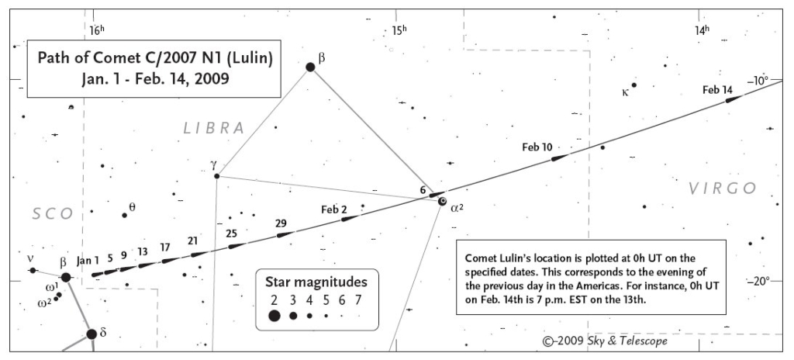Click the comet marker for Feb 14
[x=734, y=99]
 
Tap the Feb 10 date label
[x=537, y=147]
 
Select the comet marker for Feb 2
[x=350, y=219]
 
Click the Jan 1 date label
[x=88, y=261]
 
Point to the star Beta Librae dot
[x=310, y=67]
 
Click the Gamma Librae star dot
[x=217, y=176]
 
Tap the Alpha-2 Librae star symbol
[x=443, y=201]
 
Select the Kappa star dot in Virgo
[x=633, y=85]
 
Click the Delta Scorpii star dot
[x=91, y=334]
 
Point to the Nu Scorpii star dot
[x=33, y=270]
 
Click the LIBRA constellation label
[x=214, y=128]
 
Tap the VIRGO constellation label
[x=723, y=189]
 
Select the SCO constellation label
[x=54, y=214]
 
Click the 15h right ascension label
[x=399, y=30]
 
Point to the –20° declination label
[x=758, y=281]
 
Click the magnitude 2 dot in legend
[x=274, y=316]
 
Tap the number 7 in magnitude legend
[x=358, y=300]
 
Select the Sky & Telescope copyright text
[x=605, y=341]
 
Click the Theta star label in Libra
[x=132, y=207]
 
